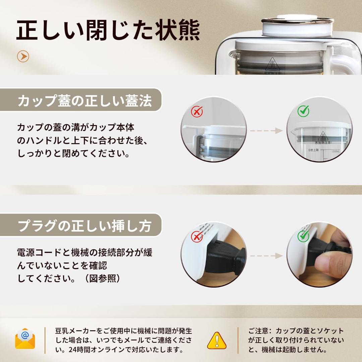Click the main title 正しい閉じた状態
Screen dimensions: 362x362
pos(108,31)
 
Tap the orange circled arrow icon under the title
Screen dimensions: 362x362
pos(23,57)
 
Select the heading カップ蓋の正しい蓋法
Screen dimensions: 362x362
pos(84,100)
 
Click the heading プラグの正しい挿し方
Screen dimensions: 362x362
pos(84,226)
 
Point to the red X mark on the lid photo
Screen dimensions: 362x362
pos(197,111)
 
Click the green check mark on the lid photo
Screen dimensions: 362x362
pos(303,111)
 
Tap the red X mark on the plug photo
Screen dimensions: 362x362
pos(197,237)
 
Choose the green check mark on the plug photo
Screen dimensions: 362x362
pos(303,236)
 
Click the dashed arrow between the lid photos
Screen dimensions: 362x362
pos(266,131)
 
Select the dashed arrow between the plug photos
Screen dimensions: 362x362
pos(266,256)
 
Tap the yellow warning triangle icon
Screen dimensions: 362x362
pos(217,341)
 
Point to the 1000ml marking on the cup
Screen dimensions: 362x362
pos(335,152)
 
